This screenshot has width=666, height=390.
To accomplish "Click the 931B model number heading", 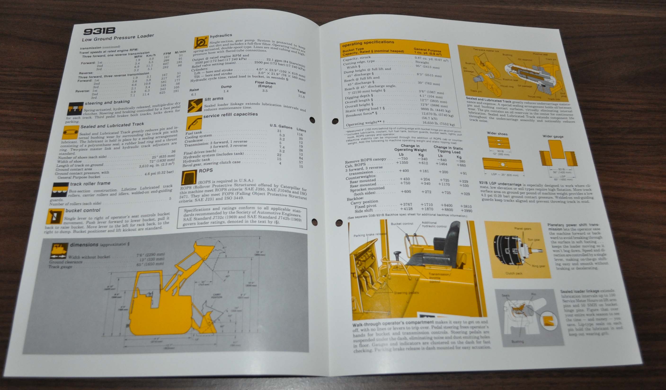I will pyautogui.click(x=100, y=31).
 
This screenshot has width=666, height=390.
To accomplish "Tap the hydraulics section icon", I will pyautogui.click(x=201, y=43).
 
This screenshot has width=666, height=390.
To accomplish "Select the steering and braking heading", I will pyautogui.click(x=107, y=102).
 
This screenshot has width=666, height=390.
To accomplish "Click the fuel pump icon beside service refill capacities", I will pyautogui.click(x=194, y=123).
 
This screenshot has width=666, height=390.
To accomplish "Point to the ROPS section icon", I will pyautogui.click(x=189, y=177).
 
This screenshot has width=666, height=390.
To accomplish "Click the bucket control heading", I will pyautogui.click(x=83, y=210).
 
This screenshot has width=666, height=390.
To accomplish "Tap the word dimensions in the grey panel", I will pyautogui.click(x=84, y=245).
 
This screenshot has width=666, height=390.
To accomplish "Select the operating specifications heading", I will pyautogui.click(x=368, y=42).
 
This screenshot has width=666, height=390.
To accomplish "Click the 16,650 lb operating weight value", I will pyautogui.click(x=438, y=123).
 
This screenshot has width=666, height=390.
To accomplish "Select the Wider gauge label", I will pyautogui.click(x=553, y=136).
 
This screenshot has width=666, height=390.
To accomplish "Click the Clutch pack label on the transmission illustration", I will pyautogui.click(x=514, y=273).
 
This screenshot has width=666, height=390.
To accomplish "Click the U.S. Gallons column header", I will pyautogui.click(x=281, y=126).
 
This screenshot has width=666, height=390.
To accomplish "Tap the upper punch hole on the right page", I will pyautogui.click(x=335, y=121).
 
